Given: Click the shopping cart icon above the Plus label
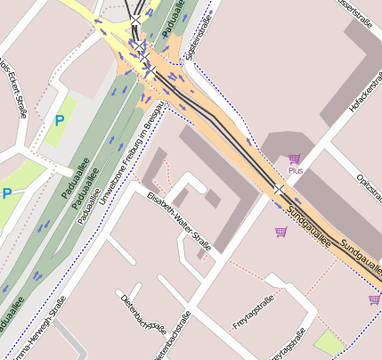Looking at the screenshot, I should tap(294, 158).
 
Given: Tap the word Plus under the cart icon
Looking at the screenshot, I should tap(295, 169).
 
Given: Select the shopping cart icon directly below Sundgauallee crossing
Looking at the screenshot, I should tap(281, 232).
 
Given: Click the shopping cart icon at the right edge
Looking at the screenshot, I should tap(374, 299).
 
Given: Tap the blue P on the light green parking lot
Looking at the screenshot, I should tap(60, 119).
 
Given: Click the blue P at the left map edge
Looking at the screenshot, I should tap(6, 193).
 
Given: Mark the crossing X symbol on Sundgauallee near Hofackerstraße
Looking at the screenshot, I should tap(279, 190).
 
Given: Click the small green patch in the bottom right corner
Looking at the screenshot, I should tap(329, 342).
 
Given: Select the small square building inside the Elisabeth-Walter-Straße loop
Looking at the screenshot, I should tap(212, 200).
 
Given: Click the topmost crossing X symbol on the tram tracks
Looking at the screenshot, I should tap(134, 19).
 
